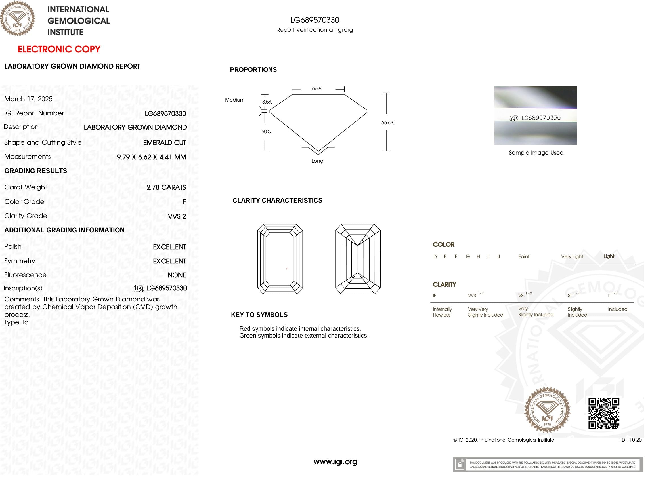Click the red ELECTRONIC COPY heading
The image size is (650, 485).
(59, 49)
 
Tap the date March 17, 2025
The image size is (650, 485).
(28, 99)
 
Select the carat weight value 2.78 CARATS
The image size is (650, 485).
(166, 187)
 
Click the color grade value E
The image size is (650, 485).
(184, 202)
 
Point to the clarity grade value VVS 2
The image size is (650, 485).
(177, 216)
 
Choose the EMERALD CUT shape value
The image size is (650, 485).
(165, 143)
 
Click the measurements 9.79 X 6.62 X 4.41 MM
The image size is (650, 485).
(151, 157)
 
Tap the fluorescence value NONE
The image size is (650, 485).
(177, 275)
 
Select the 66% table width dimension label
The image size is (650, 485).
(316, 88)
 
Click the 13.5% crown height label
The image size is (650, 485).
(266, 102)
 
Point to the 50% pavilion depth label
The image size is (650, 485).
(266, 132)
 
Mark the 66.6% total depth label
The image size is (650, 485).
(388, 123)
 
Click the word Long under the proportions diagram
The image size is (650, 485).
(317, 161)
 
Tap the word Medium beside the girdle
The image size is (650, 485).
(235, 100)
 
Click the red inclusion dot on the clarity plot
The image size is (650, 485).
(287, 268)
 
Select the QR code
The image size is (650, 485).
(603, 413)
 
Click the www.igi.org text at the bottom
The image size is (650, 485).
(335, 462)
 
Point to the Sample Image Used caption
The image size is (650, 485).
(536, 153)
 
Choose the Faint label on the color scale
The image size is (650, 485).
(524, 257)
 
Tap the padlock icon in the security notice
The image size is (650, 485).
(460, 465)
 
